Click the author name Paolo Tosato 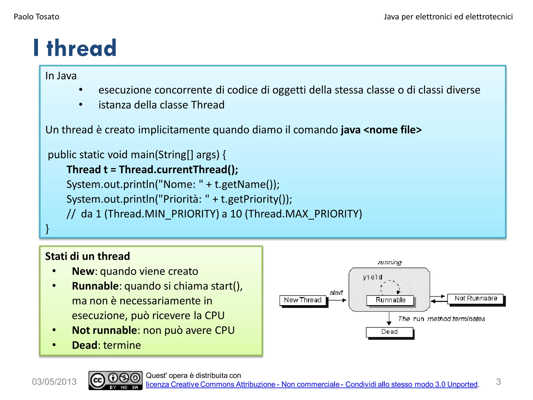pyautogui.click(x=36, y=17)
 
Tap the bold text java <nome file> pyautogui.click(x=381, y=130)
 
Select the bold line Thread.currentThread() pyautogui.click(x=152, y=170)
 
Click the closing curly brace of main pyautogui.click(x=47, y=229)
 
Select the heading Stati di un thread pyautogui.click(x=87, y=256)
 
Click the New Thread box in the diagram pyautogui.click(x=303, y=300)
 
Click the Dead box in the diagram pyautogui.click(x=389, y=332)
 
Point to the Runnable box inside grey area pyautogui.click(x=390, y=300)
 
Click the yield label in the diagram pyautogui.click(x=372, y=277)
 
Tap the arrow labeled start pyautogui.click(x=337, y=300)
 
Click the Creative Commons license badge pyautogui.click(x=115, y=380)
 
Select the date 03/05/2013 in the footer pyautogui.click(x=54, y=382)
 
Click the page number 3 pyautogui.click(x=498, y=382)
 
